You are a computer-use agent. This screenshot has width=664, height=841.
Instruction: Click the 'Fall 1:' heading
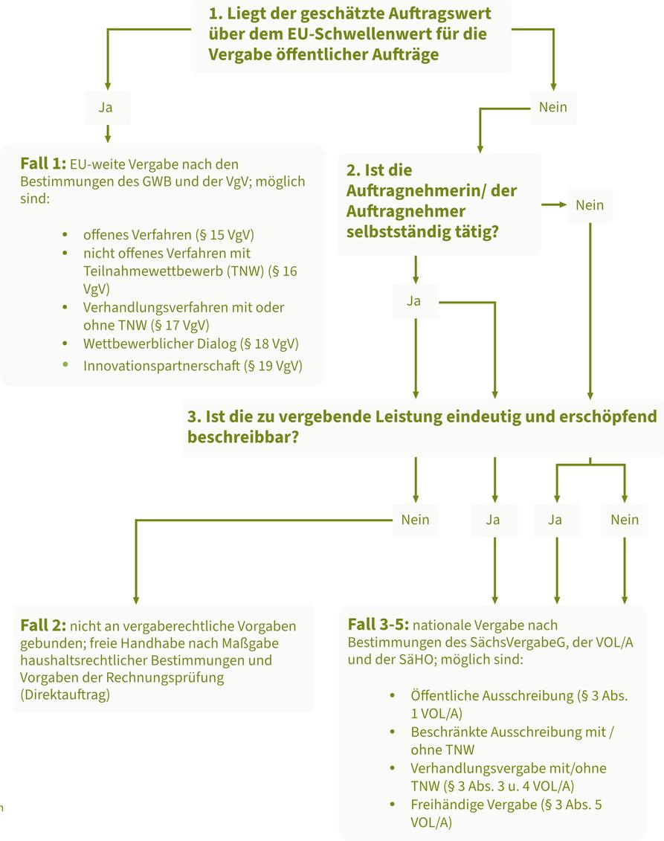[44, 164]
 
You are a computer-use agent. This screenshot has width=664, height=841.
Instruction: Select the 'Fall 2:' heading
[44, 625]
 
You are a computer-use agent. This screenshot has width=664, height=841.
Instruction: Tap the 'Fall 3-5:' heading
[377, 625]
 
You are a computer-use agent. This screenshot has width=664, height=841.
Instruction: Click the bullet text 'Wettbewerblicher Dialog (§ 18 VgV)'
[190, 344]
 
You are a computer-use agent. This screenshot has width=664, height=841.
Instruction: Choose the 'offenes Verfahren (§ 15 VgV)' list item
[168, 235]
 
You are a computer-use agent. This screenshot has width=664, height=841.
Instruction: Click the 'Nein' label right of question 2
[590, 205]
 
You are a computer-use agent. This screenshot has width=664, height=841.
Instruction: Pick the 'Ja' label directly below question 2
[414, 301]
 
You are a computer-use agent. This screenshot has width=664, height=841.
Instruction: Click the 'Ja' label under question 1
[106, 107]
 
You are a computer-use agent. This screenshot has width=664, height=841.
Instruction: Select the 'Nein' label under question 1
[552, 107]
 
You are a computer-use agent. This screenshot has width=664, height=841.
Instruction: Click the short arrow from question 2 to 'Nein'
[554, 204]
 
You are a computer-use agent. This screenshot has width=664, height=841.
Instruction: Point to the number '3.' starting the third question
[195, 416]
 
